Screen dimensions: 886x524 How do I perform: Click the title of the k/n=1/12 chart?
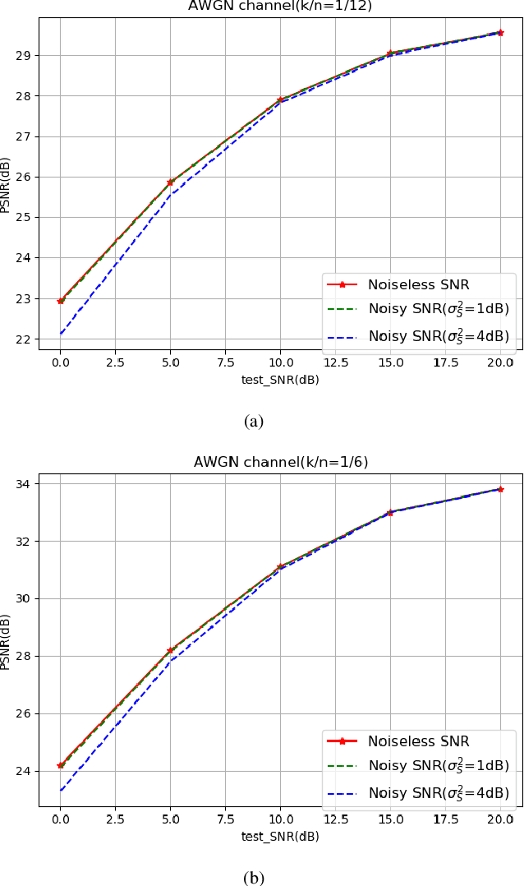tap(280, 6)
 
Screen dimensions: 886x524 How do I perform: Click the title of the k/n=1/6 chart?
tap(280, 462)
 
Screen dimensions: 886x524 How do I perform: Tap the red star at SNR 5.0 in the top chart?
tap(171, 182)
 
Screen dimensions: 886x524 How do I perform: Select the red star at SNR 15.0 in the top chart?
tap(390, 53)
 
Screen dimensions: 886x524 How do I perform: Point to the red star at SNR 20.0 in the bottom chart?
tap(500, 489)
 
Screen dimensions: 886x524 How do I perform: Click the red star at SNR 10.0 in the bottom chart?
tap(280, 566)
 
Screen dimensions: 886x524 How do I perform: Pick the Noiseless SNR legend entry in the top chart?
tap(418, 285)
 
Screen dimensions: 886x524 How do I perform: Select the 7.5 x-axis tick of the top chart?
tap(225, 362)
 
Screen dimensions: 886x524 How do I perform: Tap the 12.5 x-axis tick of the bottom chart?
tap(335, 819)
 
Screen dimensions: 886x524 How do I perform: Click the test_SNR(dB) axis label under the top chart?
tap(280, 380)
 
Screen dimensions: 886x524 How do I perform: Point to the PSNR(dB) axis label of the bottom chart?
tap(6, 640)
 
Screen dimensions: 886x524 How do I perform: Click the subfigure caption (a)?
tap(254, 422)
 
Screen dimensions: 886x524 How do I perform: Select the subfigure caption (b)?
tap(254, 878)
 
